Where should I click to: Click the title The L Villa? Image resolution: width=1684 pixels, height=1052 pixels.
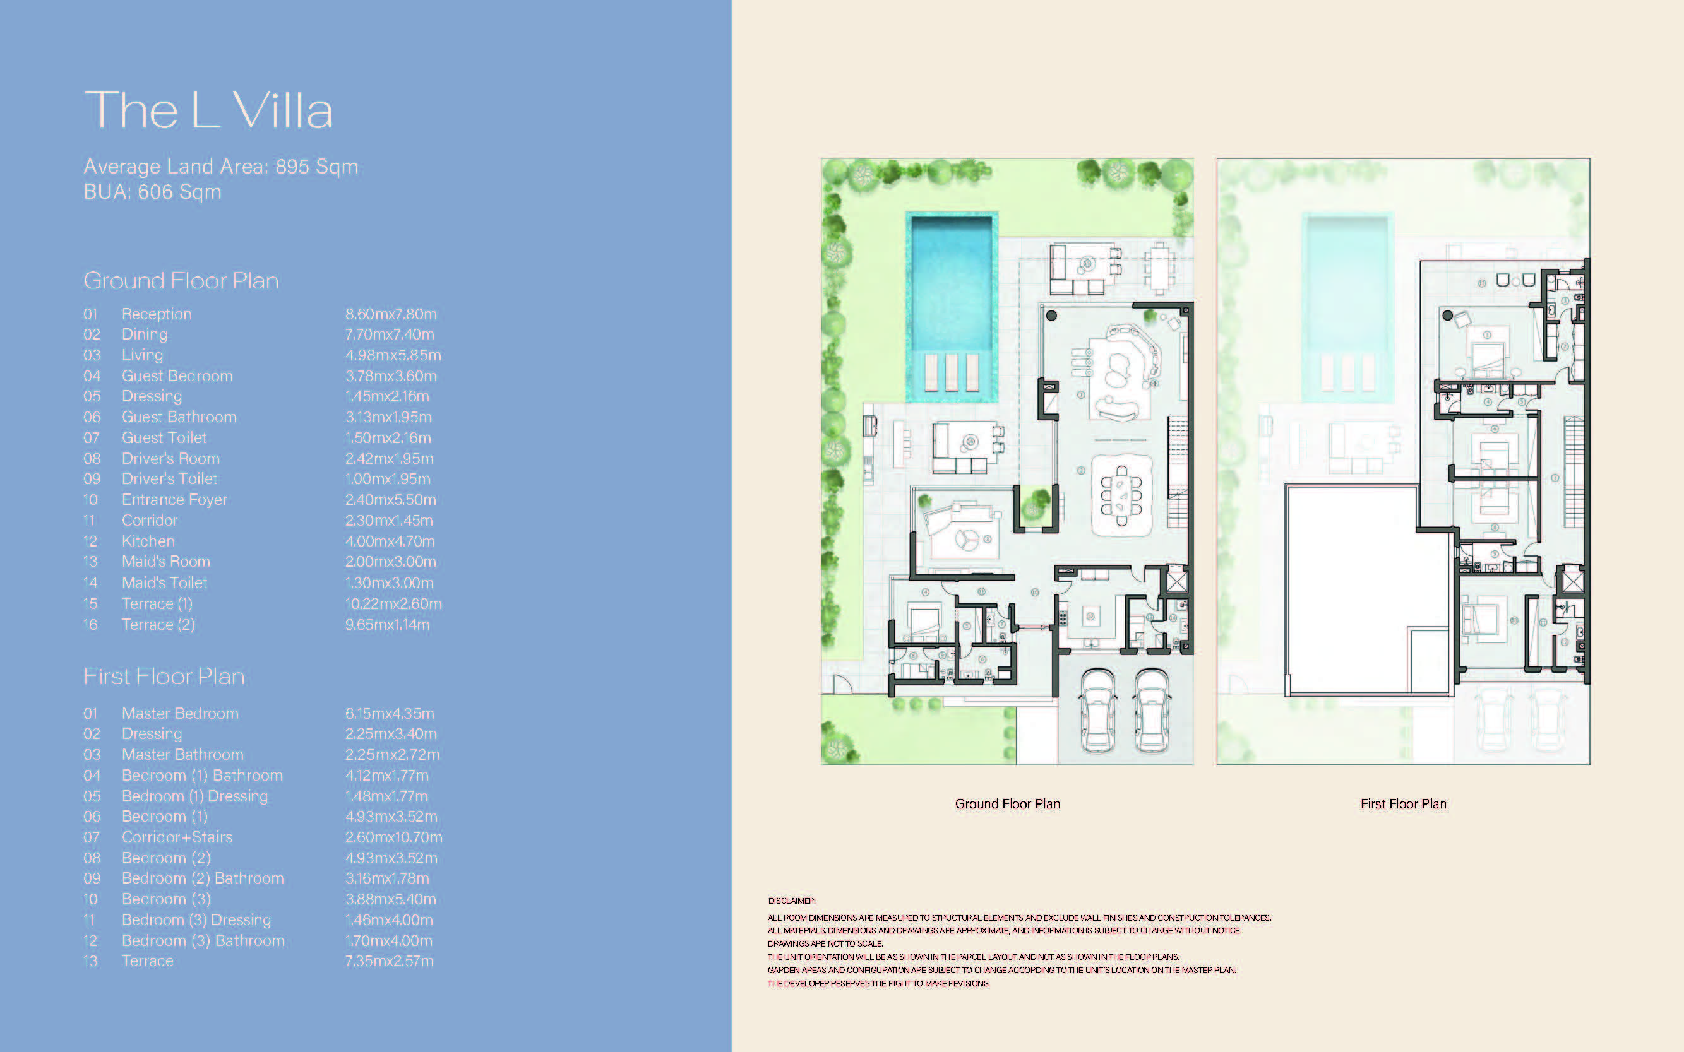pos(208,110)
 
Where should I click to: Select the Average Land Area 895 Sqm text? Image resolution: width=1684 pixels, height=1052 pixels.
pos(220,167)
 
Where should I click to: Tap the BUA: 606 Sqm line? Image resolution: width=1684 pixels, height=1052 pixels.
pos(152,192)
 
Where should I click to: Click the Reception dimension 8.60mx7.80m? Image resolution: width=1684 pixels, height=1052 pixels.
pos(391,314)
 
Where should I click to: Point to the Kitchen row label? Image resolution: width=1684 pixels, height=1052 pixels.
pos(148,541)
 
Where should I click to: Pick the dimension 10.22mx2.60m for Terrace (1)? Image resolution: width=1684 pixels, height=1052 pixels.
pos(393,604)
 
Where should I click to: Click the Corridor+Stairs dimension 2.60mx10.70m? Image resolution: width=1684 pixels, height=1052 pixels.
pos(393,837)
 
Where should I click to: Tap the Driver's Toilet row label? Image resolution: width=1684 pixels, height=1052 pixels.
pos(169,479)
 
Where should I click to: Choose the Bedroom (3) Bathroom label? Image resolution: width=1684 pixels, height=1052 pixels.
pos(203,941)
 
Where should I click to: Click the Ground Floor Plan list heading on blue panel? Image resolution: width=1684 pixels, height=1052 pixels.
pos(181,280)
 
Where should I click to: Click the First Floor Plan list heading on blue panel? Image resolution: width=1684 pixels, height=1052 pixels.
pos(164,677)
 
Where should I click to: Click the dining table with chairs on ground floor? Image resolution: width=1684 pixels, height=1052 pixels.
pos(1121,495)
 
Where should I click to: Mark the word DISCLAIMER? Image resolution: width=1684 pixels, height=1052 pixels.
pos(792,901)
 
